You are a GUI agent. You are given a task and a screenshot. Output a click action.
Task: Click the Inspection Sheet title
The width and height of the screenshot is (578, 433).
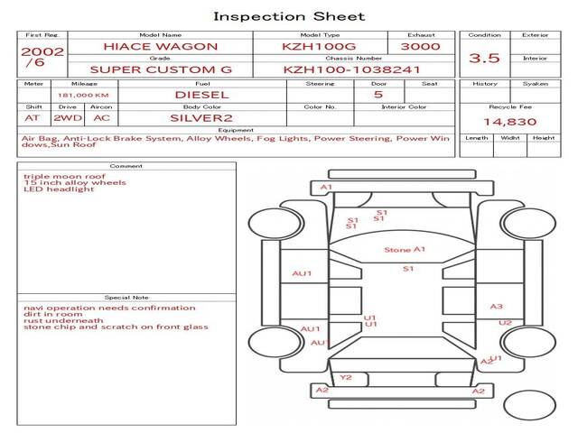(x=288, y=16)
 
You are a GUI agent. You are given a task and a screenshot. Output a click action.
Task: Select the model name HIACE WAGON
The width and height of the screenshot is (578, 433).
(x=160, y=46)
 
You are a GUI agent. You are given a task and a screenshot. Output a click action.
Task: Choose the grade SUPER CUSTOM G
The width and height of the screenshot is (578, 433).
(x=160, y=69)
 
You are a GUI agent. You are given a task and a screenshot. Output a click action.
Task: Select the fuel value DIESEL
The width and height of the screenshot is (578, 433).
(x=201, y=94)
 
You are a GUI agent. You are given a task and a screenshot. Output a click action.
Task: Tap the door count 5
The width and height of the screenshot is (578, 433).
(x=378, y=94)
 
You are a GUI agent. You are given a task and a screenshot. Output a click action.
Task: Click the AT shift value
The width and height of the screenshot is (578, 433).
(x=33, y=117)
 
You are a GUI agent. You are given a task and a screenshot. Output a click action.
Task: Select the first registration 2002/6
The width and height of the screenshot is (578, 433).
(x=42, y=57)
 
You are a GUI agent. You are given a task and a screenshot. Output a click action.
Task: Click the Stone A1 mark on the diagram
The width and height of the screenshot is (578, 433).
(x=404, y=250)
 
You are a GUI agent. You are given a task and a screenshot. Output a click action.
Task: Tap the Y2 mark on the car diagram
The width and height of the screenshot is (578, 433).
(x=346, y=377)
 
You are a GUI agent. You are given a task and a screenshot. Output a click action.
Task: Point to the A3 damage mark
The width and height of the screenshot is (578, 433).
(x=496, y=307)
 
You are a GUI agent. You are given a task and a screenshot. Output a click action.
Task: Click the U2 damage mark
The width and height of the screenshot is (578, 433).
(x=505, y=323)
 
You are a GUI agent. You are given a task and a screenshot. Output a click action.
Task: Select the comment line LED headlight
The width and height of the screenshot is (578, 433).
(x=59, y=189)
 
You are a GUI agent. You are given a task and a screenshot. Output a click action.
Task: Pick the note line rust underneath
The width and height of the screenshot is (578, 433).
(x=63, y=320)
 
